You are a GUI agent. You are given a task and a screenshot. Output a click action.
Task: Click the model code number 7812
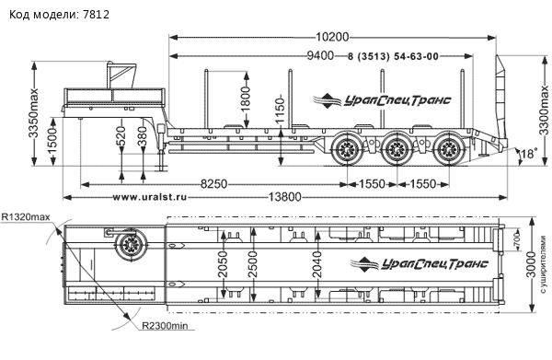(x=97, y=15)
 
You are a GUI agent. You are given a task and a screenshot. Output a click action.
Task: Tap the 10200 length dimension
(x=332, y=37)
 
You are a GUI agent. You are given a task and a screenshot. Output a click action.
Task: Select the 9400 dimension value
(x=320, y=55)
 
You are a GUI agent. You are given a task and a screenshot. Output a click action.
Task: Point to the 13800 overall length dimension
(x=285, y=197)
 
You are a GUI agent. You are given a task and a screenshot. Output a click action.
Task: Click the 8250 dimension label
(x=213, y=184)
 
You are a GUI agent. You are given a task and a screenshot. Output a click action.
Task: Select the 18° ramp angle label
(x=529, y=154)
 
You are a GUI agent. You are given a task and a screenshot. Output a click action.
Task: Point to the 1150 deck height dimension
(x=280, y=110)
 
